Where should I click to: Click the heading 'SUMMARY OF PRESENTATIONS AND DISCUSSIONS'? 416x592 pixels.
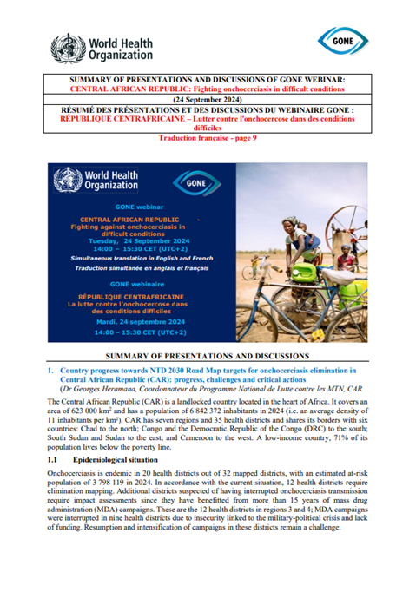tap(208, 358)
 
